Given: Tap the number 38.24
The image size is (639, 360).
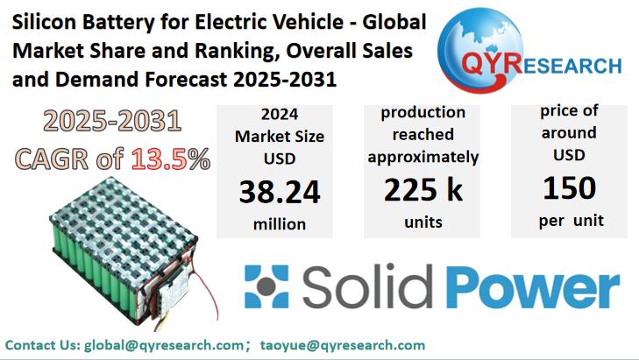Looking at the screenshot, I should pos(279,191).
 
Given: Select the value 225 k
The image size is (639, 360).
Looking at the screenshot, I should pos(423,189).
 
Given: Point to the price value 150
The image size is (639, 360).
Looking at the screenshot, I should pos(569,187).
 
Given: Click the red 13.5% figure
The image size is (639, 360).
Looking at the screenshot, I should pos(170,159).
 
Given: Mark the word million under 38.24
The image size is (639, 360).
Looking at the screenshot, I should pos(279,224).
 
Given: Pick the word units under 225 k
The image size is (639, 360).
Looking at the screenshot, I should pos(423,222).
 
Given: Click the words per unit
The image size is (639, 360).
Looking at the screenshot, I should pos(571,220).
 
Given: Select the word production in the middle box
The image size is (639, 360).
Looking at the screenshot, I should pos(422,113).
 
